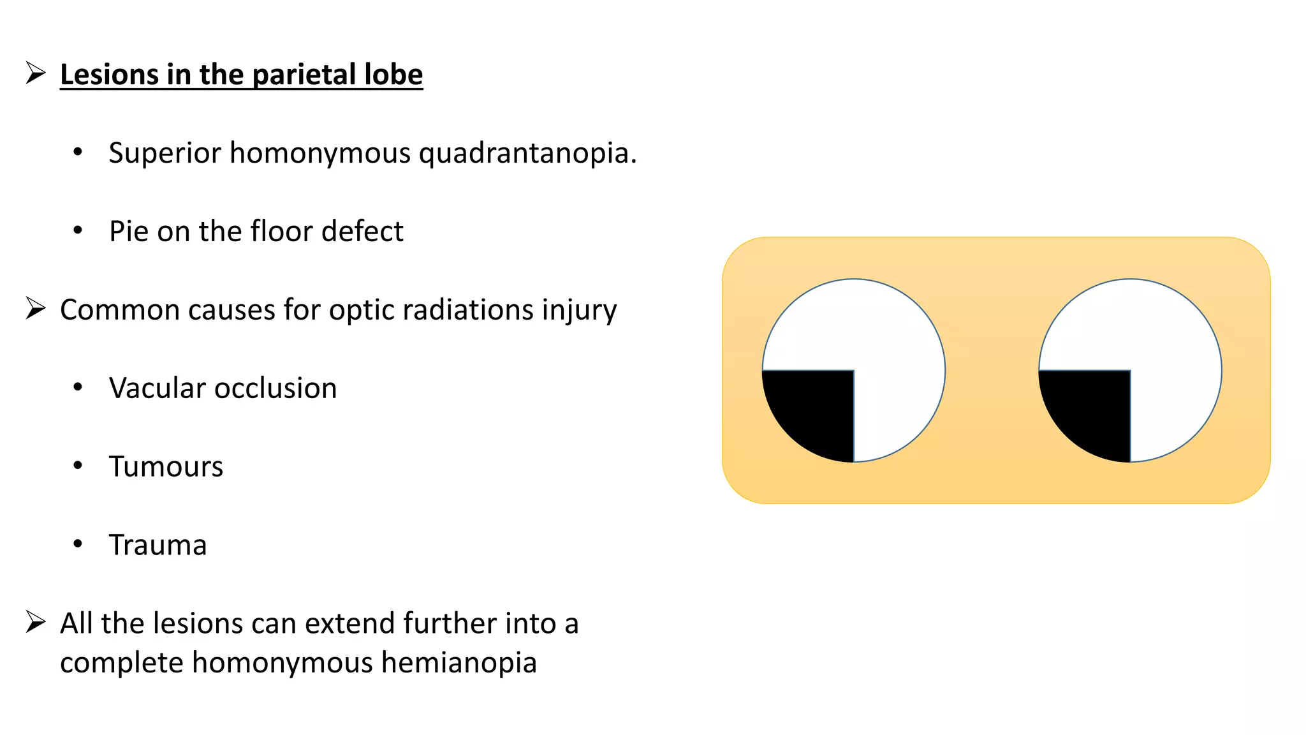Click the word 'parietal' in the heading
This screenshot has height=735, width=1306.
(x=305, y=75)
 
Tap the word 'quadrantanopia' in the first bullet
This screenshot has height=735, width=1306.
(x=527, y=154)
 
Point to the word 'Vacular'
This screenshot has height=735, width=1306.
(x=157, y=388)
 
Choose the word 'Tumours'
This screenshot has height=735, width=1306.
(x=166, y=466)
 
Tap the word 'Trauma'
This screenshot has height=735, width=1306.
(x=158, y=545)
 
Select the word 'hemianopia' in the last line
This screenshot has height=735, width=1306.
(x=459, y=663)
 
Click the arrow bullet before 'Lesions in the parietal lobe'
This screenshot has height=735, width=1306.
(x=36, y=73)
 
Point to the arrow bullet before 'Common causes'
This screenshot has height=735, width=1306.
(x=36, y=309)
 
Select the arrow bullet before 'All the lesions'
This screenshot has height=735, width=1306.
(x=36, y=622)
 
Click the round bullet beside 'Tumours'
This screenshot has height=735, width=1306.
(x=78, y=465)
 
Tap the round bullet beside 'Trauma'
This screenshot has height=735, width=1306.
(x=78, y=544)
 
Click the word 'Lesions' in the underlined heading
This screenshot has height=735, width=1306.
(x=108, y=75)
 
